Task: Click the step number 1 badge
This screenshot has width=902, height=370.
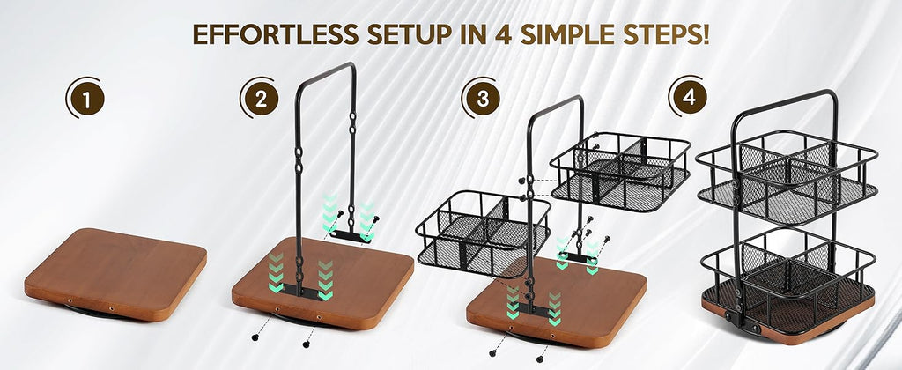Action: click(86, 100)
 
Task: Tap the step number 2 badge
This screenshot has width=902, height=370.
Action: click(261, 100)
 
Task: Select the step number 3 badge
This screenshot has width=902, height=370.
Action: click(482, 99)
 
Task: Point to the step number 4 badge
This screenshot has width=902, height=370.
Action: click(689, 98)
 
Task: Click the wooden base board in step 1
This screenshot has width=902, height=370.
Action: click(115, 273)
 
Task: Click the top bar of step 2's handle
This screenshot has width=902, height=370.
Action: click(325, 69)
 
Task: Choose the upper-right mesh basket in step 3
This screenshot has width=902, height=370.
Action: click(620, 171)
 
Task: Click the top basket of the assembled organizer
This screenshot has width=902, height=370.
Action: click(787, 175)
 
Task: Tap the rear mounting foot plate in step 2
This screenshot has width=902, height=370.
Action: click(351, 235)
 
